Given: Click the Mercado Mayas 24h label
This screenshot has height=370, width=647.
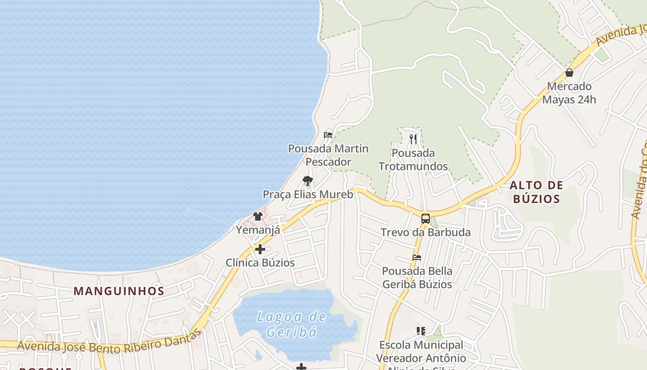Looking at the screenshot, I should click(569, 93).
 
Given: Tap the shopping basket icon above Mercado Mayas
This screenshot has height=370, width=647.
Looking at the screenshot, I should click(569, 73).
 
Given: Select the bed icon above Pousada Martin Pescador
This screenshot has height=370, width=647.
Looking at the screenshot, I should click(328, 135).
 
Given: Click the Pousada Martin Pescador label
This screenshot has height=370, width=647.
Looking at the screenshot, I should click(328, 155).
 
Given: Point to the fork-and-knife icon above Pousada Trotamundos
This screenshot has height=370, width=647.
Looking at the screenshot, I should click(413, 139).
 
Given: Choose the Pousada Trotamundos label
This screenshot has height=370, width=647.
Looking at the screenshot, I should click(413, 160).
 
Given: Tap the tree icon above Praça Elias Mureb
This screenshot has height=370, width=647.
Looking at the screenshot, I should click(308, 181).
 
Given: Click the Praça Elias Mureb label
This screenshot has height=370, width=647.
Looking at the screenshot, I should click(308, 194).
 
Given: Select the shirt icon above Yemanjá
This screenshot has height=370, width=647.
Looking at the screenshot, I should click(258, 216).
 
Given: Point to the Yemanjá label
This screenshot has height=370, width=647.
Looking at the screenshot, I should click(258, 230).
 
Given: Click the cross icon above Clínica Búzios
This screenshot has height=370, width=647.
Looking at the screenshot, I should click(260, 249).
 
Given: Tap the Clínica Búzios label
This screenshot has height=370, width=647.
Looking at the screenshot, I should click(260, 263).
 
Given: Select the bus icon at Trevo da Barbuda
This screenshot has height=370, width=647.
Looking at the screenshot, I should click(426, 219).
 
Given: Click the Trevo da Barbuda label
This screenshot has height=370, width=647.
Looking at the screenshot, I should click(426, 232).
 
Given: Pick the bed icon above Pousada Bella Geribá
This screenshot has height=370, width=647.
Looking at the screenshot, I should click(417, 258).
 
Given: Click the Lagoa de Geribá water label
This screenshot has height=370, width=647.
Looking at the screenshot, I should click(292, 324).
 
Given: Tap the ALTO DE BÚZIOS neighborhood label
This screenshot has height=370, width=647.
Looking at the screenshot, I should click(536, 192).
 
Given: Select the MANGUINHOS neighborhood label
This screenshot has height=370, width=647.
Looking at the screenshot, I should click(119, 291).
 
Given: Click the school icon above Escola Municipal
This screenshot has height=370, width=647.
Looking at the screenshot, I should click(421, 331).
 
